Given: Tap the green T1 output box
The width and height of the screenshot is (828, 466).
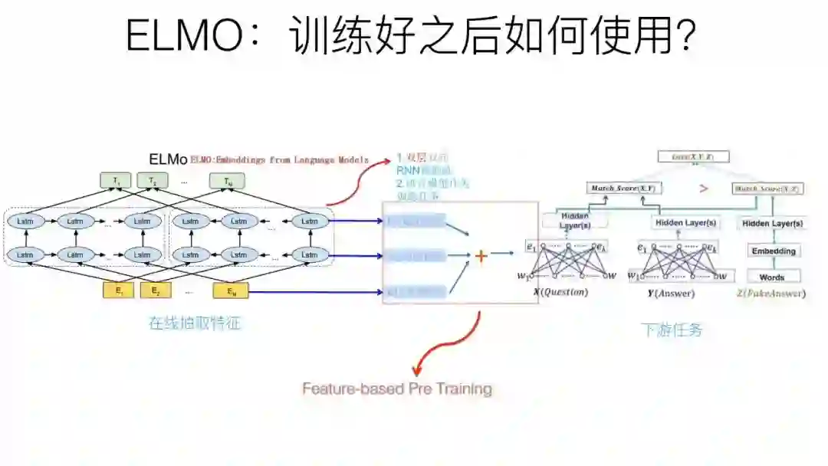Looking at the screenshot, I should pyautogui.click(x=117, y=182).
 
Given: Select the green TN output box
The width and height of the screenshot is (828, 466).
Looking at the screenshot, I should pyautogui.click(x=228, y=182).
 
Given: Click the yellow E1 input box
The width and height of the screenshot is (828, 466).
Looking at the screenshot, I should pyautogui.click(x=118, y=290).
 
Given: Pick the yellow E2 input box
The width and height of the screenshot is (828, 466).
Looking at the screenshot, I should pyautogui.click(x=155, y=290).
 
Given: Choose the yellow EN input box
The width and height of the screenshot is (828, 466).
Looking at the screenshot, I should pyautogui.click(x=230, y=290).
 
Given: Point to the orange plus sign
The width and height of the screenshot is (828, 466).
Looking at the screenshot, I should pyautogui.click(x=481, y=256).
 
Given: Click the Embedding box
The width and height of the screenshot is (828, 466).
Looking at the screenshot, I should pyautogui.click(x=773, y=251).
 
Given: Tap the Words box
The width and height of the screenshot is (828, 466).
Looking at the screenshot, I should pyautogui.click(x=772, y=277).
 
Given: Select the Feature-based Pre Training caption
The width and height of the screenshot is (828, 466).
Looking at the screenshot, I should pyautogui.click(x=396, y=389).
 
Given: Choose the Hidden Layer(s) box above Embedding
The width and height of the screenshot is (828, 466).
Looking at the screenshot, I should pyautogui.click(x=772, y=223).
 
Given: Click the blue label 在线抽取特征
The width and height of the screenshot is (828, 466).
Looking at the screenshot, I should pyautogui.click(x=195, y=323).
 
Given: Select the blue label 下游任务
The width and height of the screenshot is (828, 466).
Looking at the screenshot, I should pyautogui.click(x=672, y=330).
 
